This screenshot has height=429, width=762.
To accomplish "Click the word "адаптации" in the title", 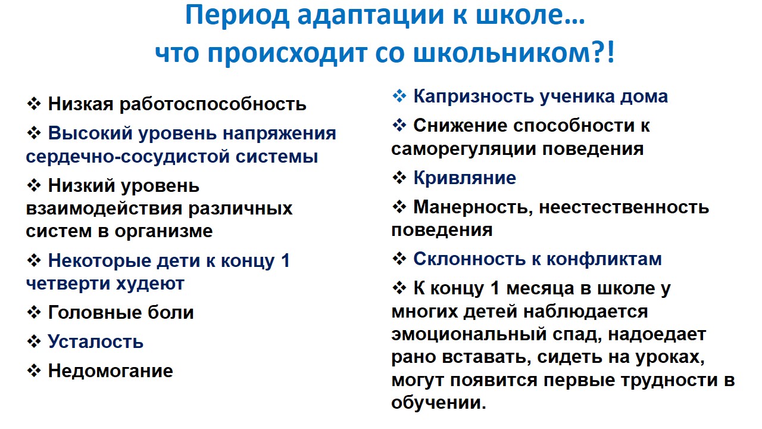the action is pyautogui.click(x=371, y=16).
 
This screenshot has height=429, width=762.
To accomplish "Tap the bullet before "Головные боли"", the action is pyautogui.click(x=34, y=313).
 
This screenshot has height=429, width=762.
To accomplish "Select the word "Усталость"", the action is pyautogui.click(x=96, y=341).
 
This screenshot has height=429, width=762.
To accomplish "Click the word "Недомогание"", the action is pyautogui.click(x=111, y=371).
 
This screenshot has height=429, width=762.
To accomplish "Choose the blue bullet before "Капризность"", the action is pyautogui.click(x=399, y=96).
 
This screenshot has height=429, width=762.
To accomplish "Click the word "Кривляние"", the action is pyautogui.click(x=465, y=178).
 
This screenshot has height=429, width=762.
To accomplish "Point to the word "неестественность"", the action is pyautogui.click(x=624, y=207).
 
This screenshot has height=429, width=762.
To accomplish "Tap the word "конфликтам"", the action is pyautogui.click(x=604, y=259).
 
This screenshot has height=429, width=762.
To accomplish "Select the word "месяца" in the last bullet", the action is pyautogui.click(x=539, y=289).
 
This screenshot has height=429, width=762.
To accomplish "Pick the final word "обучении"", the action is pyautogui.click(x=439, y=403).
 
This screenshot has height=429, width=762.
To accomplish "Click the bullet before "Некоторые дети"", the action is pyautogui.click(x=34, y=261).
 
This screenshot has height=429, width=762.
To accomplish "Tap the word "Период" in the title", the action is pyautogui.click(x=237, y=16).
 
